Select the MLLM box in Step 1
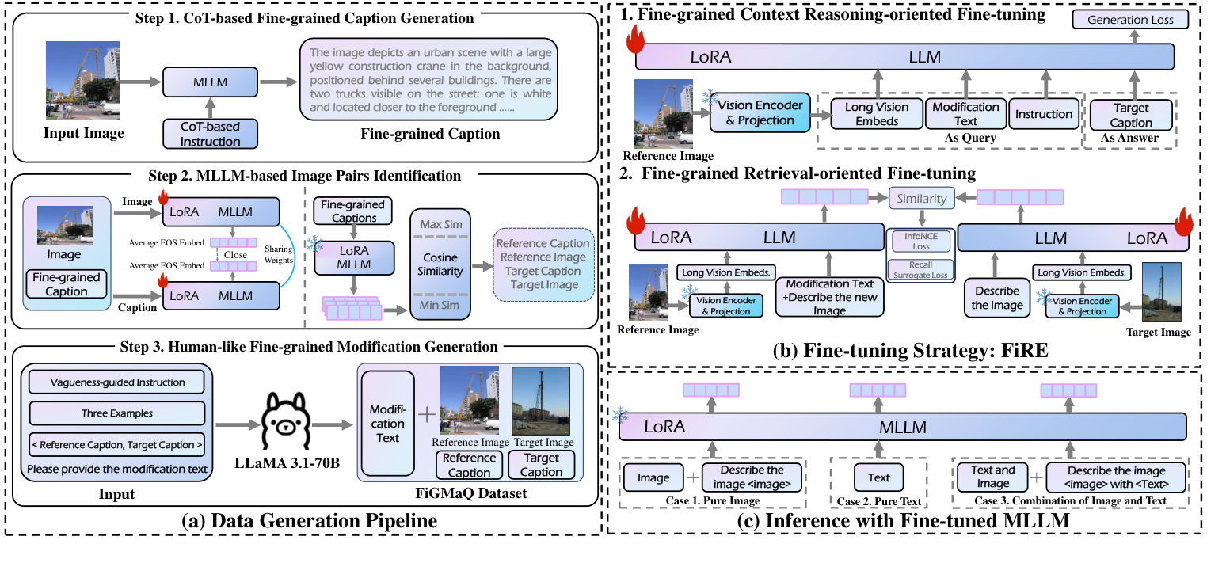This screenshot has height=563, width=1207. [x=210, y=82]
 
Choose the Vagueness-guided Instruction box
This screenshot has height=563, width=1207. [x=116, y=382]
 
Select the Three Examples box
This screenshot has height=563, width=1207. [x=116, y=413]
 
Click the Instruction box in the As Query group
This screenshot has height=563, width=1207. [x=1044, y=114]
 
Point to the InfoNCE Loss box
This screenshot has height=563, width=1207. [x=920, y=241]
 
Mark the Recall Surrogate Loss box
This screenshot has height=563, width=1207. [x=920, y=269]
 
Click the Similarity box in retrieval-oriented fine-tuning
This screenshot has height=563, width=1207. [x=920, y=199]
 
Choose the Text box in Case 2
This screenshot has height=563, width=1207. [x=879, y=477]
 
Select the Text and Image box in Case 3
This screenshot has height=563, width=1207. [x=992, y=477]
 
